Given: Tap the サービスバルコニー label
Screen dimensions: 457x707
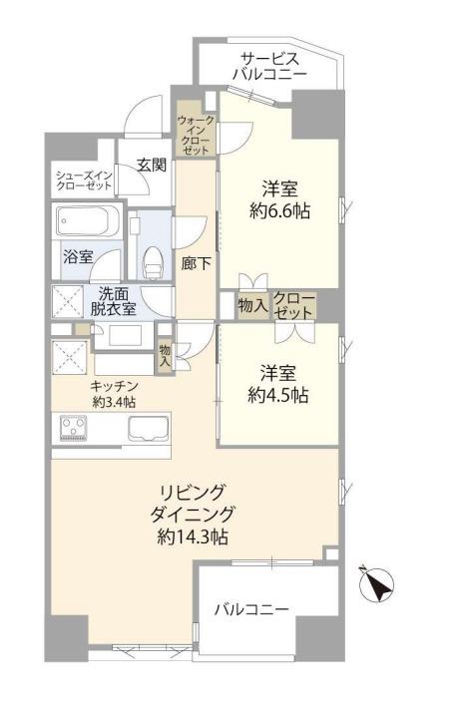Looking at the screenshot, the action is (x=268, y=66).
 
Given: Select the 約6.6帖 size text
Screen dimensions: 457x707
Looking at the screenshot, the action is (x=279, y=210).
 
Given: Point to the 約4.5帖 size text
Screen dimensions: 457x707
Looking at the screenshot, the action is (x=278, y=395).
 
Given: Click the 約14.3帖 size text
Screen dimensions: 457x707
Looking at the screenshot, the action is (x=193, y=536).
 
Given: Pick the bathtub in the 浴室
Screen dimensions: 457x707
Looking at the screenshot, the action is (x=87, y=221).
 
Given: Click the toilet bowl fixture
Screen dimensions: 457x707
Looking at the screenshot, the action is (x=153, y=263).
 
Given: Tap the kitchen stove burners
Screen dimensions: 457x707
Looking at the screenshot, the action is (x=73, y=427).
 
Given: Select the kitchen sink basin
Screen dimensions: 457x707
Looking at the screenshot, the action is (x=149, y=429).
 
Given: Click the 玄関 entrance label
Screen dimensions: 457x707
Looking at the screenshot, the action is (x=152, y=165).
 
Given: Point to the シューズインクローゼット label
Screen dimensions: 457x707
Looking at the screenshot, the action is (x=84, y=180).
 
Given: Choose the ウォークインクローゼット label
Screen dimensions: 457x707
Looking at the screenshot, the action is (x=196, y=135).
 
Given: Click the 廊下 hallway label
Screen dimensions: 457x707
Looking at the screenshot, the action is (x=197, y=263).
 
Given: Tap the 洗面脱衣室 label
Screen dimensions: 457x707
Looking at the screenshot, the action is (x=113, y=301).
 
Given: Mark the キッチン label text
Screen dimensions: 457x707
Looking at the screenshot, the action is (x=114, y=386).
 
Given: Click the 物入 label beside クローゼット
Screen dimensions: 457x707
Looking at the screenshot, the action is (x=252, y=306).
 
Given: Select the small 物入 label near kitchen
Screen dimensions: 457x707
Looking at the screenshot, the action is (x=165, y=355).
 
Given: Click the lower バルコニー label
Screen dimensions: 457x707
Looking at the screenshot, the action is (x=251, y=609).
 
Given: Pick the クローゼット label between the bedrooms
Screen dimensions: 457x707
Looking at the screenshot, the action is (x=293, y=306).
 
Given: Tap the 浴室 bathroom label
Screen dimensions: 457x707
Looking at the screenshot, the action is (x=78, y=256).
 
